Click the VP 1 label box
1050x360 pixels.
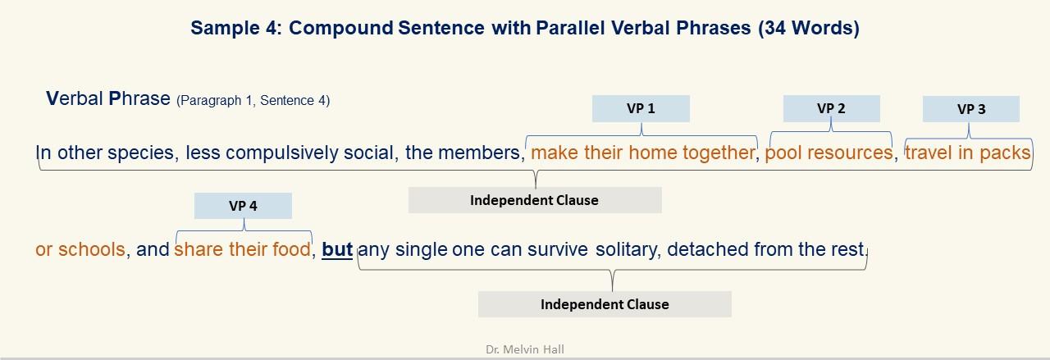click(x=641, y=109)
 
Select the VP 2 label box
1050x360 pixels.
click(x=832, y=109)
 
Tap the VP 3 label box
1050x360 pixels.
click(x=971, y=109)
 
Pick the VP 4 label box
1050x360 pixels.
click(x=243, y=206)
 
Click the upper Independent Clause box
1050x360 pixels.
click(x=535, y=200)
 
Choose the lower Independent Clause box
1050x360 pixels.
click(x=605, y=304)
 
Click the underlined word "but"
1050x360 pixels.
click(x=337, y=249)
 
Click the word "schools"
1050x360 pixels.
click(x=91, y=249)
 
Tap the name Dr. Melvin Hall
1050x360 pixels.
click(x=525, y=349)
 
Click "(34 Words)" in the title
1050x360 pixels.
click(x=809, y=28)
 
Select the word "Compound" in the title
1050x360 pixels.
click(x=340, y=28)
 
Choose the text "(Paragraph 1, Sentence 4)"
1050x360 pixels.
click(x=253, y=100)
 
